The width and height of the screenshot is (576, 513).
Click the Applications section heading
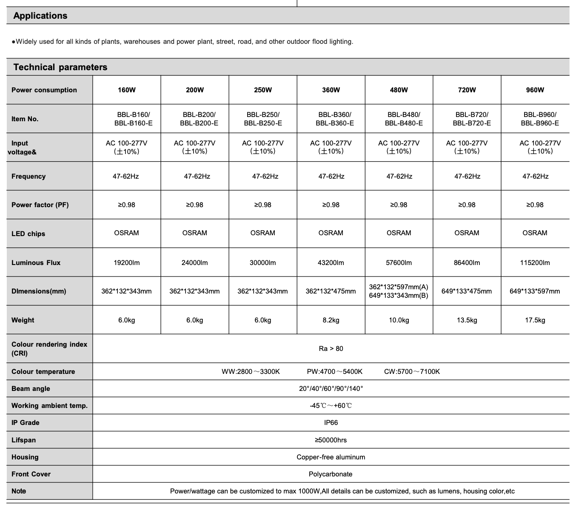[x=40, y=16]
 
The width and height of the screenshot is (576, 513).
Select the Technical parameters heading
[x=60, y=67]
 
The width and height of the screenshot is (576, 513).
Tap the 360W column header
[x=331, y=90]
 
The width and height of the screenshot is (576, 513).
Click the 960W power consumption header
[x=535, y=90]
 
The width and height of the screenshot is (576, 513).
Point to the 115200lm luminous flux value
[x=535, y=263]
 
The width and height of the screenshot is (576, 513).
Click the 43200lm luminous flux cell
[x=331, y=263]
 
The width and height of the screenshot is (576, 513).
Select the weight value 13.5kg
[x=467, y=320]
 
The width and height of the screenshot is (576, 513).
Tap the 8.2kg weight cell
[x=331, y=320]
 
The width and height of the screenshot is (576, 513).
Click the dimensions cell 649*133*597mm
[x=535, y=291]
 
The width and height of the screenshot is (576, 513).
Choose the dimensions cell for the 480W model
[x=399, y=291]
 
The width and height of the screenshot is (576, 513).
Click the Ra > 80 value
[x=331, y=348]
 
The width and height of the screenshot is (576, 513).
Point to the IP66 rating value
[x=331, y=423]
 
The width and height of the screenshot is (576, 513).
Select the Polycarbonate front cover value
[x=331, y=474]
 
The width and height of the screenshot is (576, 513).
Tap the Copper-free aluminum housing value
[x=331, y=457]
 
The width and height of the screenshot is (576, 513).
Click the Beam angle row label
[x=31, y=389]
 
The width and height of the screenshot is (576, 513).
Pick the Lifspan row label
[x=24, y=440]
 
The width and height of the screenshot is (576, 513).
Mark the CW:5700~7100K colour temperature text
[x=412, y=372]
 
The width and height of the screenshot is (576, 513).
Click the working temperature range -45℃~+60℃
[x=331, y=406]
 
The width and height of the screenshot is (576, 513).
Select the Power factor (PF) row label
[x=40, y=205]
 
